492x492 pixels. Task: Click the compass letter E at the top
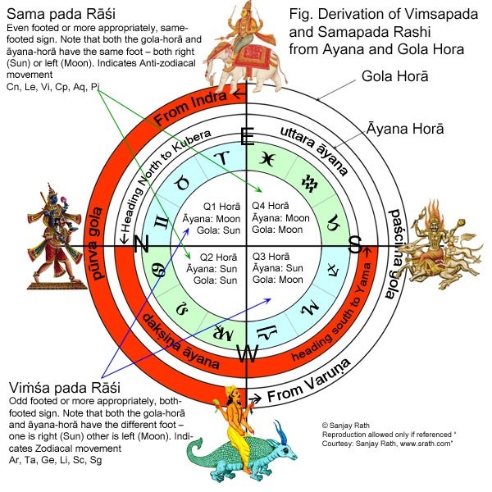click(248, 137)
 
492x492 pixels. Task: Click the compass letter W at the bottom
click(248, 353)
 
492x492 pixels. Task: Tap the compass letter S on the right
click(355, 244)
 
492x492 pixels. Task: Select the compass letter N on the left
click(141, 244)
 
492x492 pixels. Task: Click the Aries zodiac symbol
click(222, 157)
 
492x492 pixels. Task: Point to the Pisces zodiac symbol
click(267, 159)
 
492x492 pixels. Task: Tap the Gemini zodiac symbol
click(162, 223)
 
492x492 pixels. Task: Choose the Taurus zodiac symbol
click(183, 183)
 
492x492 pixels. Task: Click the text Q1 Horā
click(222, 207)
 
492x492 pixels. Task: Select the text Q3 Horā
click(271, 257)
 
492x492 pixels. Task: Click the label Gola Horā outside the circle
click(394, 76)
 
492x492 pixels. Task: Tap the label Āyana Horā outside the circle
click(405, 129)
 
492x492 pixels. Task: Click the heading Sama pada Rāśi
click(61, 14)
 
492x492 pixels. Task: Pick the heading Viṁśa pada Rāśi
click(65, 388)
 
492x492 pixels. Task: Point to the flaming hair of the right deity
click(433, 211)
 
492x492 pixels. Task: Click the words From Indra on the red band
click(190, 108)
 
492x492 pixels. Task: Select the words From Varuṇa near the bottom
click(309, 380)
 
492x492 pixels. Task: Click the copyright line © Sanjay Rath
click(345, 426)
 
